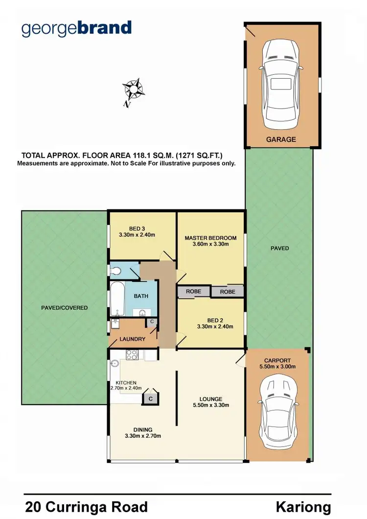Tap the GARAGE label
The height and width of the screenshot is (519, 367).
click(281, 139)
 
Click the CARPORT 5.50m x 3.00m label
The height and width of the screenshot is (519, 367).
click(278, 363)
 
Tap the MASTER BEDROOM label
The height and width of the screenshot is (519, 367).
click(210, 241)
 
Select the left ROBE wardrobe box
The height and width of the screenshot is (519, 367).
click(193, 292)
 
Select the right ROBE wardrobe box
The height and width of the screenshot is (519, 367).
click(227, 292)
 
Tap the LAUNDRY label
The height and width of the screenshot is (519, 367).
click(132, 339)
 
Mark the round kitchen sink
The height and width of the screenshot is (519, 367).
click(115, 363)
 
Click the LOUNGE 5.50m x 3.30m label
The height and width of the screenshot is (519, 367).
click(210, 402)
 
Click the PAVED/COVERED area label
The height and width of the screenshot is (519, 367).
click(65, 308)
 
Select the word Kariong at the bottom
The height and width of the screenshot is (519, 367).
click(303, 507)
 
